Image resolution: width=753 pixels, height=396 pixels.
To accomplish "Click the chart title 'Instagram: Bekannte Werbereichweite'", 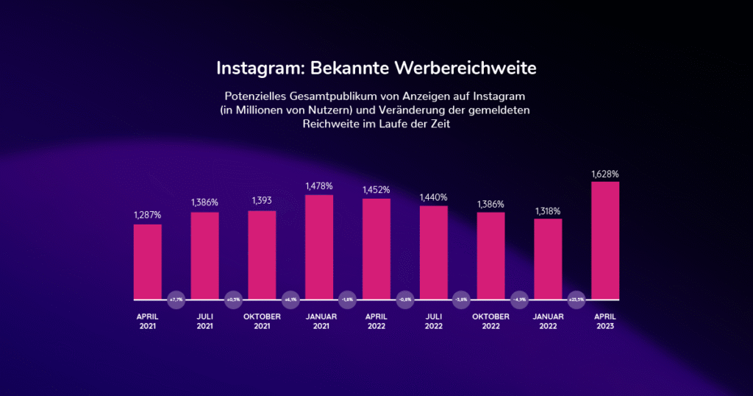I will [376, 68].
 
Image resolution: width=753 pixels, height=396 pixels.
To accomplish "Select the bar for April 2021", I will [148, 262].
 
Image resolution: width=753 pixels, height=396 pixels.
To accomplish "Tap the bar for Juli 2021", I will [205, 256].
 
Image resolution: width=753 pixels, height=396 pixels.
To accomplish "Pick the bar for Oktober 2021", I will [262, 255].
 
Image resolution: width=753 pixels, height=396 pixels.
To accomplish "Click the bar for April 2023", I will [605, 241].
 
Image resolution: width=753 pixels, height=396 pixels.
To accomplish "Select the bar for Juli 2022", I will [434, 252].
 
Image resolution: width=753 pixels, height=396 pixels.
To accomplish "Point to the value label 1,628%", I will [605, 174].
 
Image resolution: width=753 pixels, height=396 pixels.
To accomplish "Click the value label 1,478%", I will [319, 187].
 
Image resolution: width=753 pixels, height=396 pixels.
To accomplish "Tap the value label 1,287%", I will [148, 215].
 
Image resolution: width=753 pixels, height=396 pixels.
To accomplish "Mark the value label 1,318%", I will [548, 210].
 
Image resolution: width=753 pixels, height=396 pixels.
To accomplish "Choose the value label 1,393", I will [262, 201].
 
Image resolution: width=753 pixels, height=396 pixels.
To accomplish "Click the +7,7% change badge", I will [176, 300].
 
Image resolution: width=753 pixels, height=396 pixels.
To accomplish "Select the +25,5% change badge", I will [577, 300].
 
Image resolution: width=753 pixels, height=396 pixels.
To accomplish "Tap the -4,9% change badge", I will [519, 300].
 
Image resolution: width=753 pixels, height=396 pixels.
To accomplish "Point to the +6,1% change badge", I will [290, 300].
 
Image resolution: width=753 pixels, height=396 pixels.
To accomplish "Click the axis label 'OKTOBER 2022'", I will [490, 321].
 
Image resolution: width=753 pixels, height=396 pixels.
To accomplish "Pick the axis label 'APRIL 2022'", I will [376, 321].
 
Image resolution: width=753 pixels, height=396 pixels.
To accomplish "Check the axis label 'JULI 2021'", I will [205, 321].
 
